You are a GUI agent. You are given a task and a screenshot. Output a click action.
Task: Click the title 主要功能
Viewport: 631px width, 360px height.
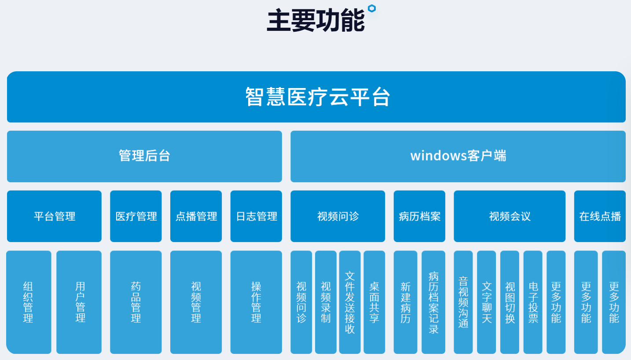(316, 20)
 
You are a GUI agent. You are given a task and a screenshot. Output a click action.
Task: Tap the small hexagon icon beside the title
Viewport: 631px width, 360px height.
(372, 8)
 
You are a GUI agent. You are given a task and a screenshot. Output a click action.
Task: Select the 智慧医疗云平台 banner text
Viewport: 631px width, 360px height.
(317, 97)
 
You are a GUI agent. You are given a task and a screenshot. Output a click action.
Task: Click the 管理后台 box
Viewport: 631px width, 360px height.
(144, 156)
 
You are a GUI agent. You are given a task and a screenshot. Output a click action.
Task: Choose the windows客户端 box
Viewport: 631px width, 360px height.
(458, 156)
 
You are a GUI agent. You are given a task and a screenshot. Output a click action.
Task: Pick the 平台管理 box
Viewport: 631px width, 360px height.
(55, 216)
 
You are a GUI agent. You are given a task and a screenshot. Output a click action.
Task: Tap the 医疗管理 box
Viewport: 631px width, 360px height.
(136, 216)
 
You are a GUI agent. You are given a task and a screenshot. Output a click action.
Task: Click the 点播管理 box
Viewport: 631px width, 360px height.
(196, 216)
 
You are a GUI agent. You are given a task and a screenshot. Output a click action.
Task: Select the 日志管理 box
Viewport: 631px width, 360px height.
(256, 216)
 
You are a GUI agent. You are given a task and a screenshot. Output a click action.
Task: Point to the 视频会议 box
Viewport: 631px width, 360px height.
(510, 216)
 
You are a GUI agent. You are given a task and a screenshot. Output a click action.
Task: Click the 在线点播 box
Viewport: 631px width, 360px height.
(600, 216)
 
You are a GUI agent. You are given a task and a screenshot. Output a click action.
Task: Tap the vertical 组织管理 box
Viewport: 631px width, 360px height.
(29, 302)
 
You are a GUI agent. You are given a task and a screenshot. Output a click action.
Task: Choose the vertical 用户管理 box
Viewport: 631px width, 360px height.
(79, 302)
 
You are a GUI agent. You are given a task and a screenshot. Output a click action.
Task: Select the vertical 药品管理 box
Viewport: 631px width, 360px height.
(136, 302)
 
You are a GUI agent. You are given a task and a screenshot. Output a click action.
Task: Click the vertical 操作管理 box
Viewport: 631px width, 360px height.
(256, 302)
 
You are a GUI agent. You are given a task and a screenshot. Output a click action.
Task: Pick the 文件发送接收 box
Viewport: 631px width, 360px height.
(350, 302)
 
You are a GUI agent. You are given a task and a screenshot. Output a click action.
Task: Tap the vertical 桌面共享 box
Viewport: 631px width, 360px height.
(374, 302)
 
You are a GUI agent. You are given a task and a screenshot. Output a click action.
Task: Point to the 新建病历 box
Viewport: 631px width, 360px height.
(405, 302)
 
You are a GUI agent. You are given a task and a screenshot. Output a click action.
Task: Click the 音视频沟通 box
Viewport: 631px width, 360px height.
(463, 302)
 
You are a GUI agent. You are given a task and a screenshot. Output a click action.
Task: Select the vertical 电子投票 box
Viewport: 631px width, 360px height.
(533, 302)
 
